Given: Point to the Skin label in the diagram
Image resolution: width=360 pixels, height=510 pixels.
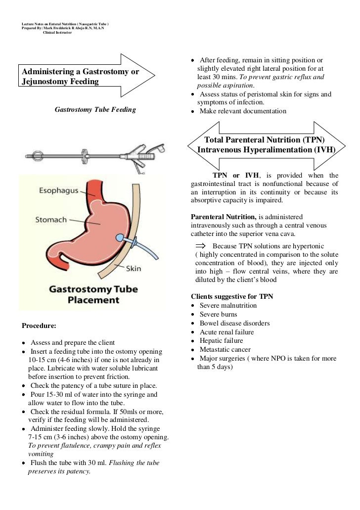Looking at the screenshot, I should point(134,269).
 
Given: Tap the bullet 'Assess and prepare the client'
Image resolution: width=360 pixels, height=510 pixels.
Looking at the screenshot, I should point(72,343).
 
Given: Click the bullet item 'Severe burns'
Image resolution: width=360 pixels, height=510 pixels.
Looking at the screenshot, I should point(218,314).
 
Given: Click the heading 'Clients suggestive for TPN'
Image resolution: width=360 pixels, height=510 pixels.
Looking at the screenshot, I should point(232,296).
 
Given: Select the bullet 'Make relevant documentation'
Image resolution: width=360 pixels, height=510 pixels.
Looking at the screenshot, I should point(242,111).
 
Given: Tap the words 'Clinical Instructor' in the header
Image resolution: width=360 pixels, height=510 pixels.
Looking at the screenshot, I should point(57,33).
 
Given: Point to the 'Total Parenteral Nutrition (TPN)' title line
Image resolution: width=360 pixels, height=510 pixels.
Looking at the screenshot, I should point(265,140).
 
